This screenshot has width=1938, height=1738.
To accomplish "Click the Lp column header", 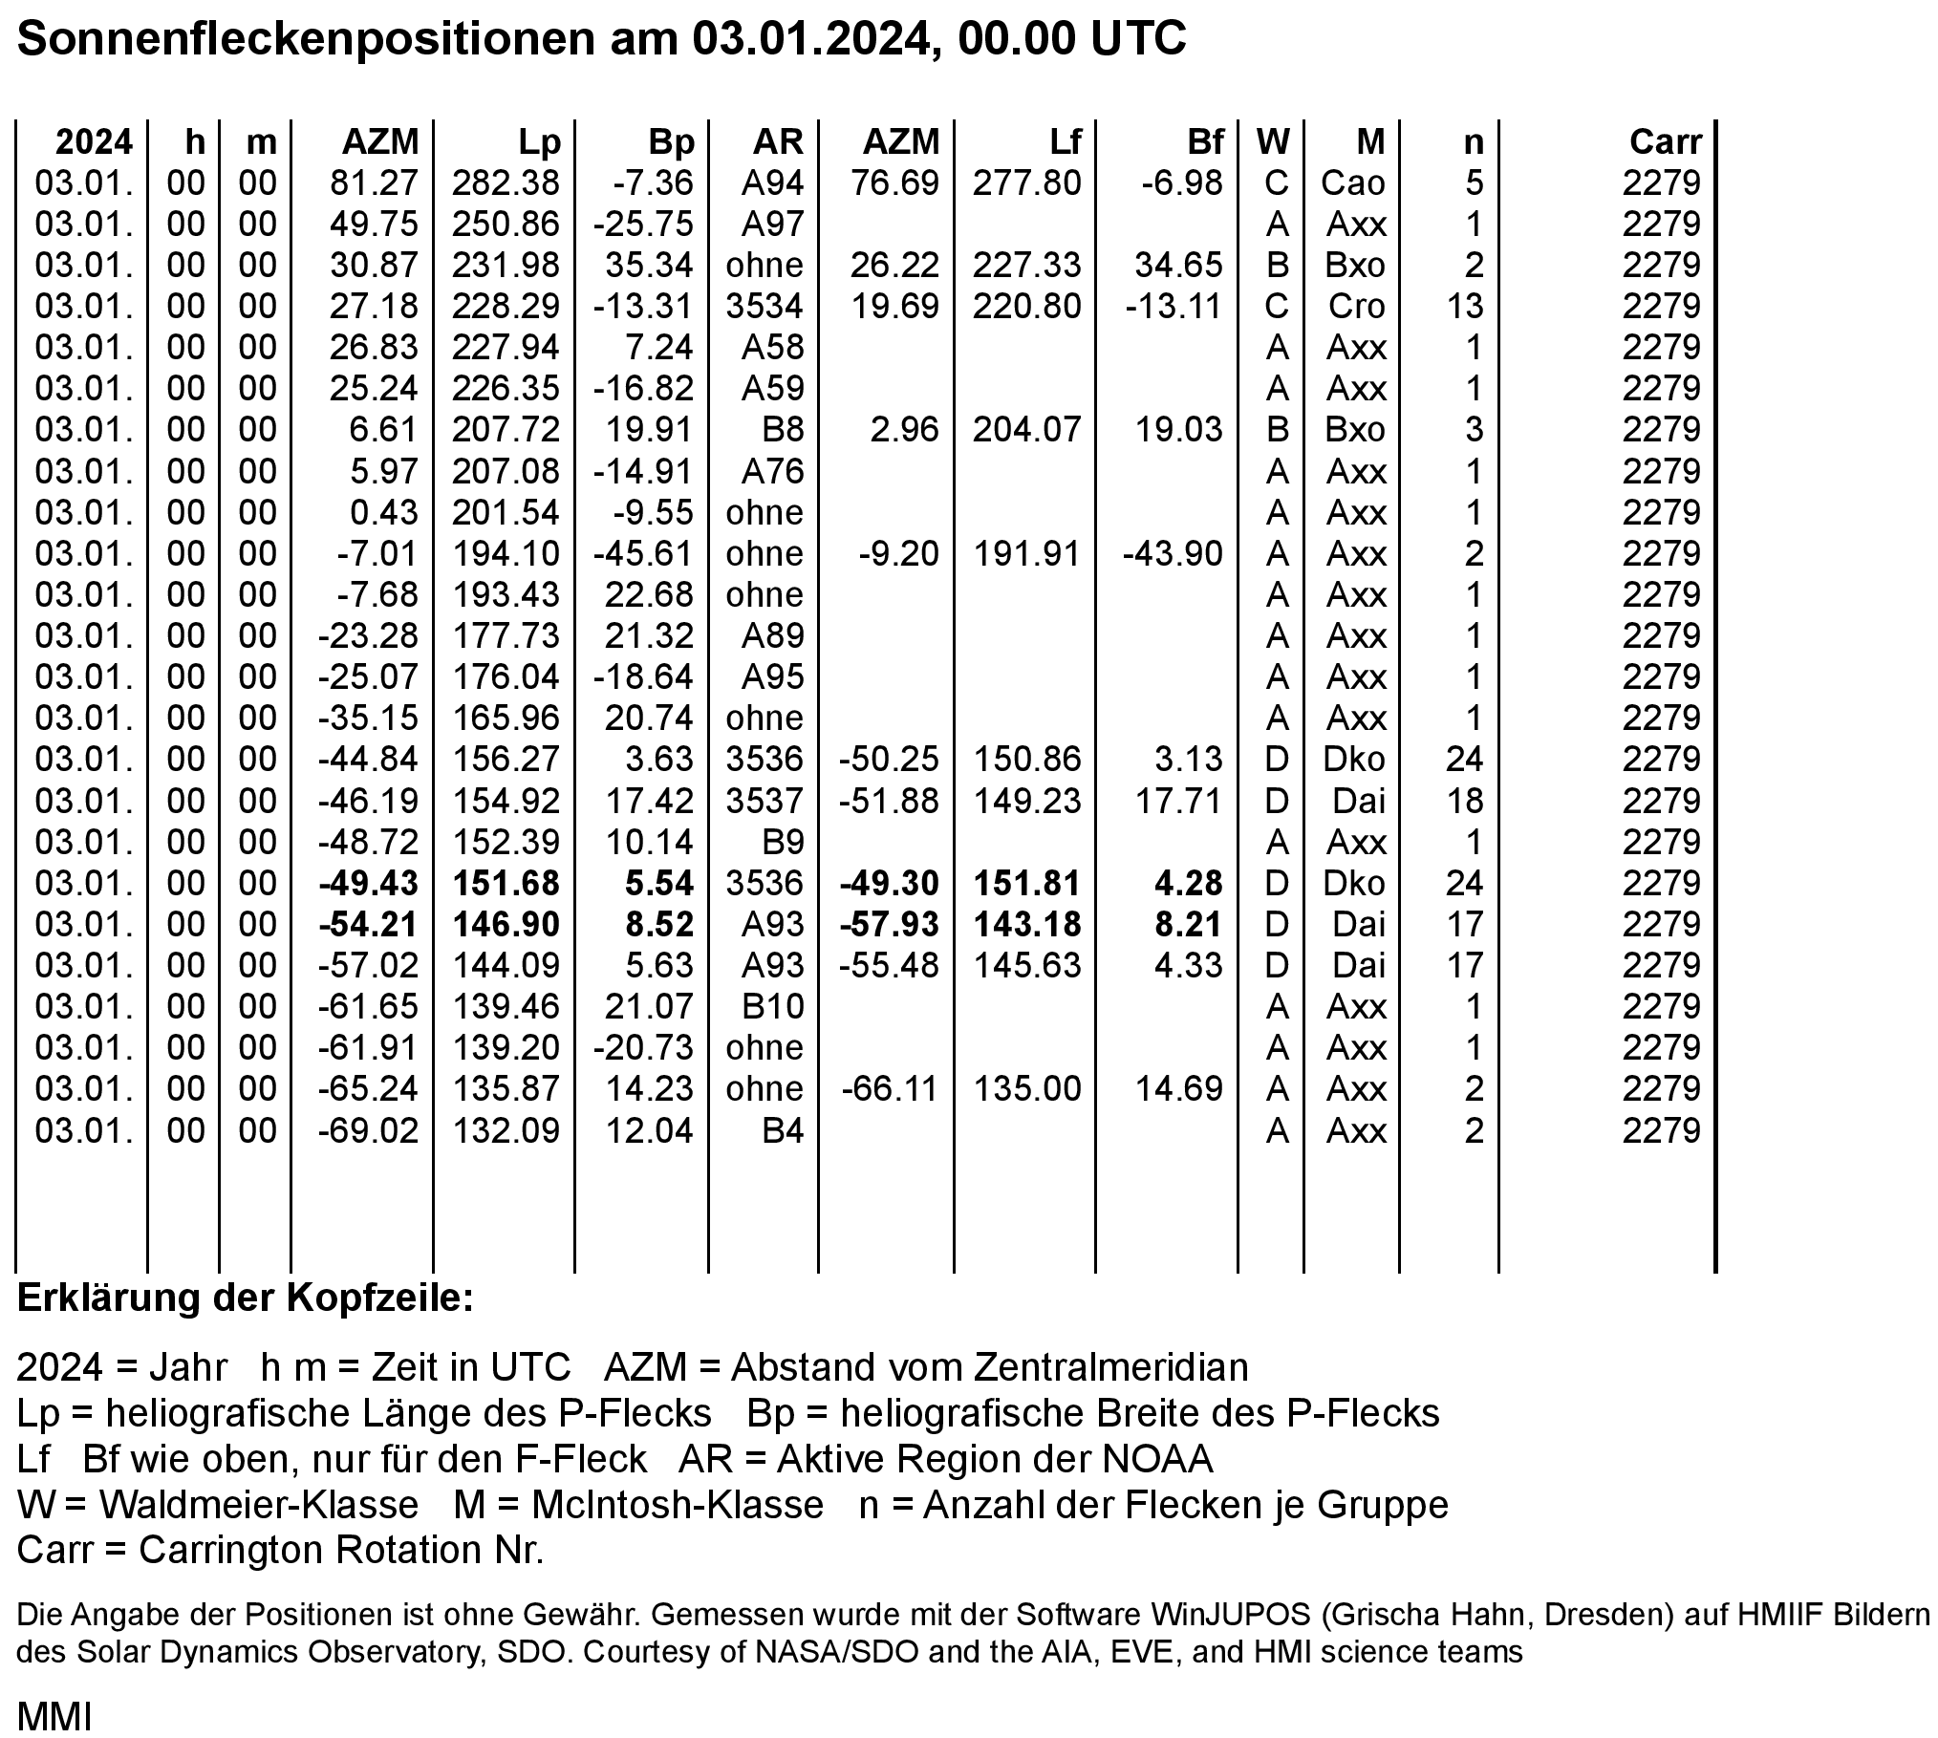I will point(539,142).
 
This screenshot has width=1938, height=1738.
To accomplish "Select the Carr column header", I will point(1665,142).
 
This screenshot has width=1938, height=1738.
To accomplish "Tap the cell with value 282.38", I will point(505,182).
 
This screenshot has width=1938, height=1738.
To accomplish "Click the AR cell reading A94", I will point(772,182).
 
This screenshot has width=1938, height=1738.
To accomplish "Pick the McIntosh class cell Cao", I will point(1352,182).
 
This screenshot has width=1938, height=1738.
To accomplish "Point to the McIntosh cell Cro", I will point(1356,306).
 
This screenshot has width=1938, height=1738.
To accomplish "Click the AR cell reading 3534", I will point(764,306).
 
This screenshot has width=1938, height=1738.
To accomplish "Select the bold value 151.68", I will point(505,883).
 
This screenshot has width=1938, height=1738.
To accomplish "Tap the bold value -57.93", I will point(889,924).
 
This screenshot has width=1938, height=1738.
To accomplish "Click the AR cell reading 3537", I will point(764,801).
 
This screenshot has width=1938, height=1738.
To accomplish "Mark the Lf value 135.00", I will point(1026,1088).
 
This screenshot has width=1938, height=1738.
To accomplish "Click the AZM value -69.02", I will point(368,1130).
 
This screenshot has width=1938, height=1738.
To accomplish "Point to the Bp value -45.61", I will point(642,553).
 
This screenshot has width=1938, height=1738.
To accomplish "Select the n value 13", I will point(1463,306).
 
